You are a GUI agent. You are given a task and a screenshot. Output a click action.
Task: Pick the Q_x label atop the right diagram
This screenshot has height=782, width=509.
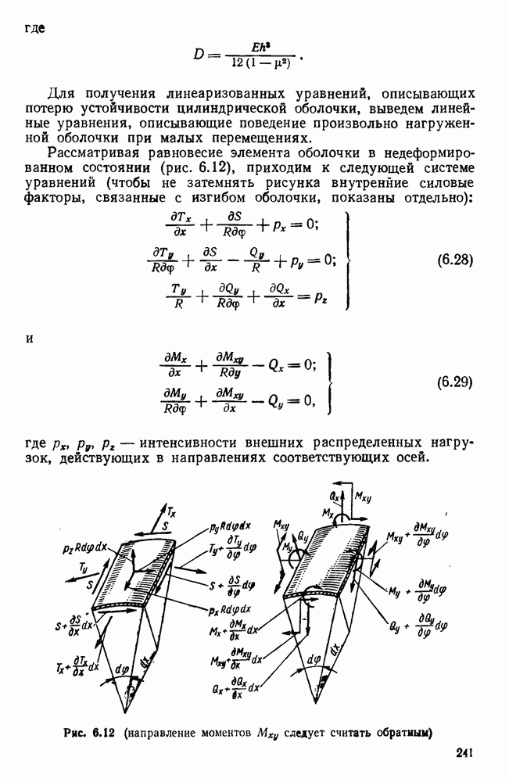point(334,497)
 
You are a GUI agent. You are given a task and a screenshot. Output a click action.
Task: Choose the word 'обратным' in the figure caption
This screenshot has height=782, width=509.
point(407,734)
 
